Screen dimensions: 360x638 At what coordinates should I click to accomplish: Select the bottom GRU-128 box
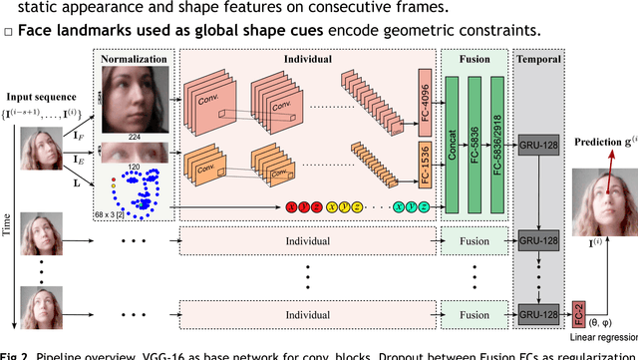point(540,314)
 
